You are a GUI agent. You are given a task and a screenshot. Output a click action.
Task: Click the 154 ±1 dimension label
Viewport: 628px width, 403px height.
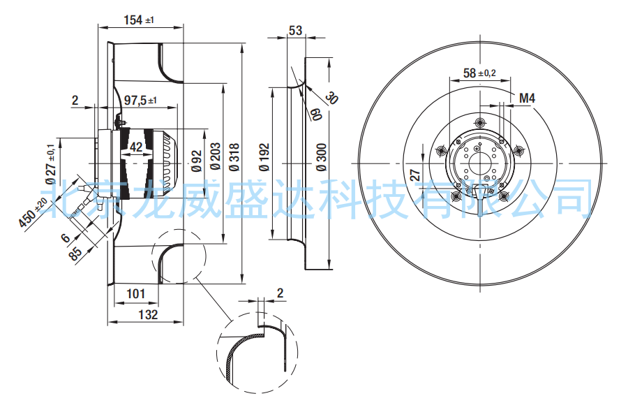point(139,20)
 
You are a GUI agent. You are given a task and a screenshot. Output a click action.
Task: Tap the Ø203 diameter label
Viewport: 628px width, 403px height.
point(215,156)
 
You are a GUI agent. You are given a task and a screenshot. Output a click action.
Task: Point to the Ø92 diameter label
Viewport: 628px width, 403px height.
point(197,161)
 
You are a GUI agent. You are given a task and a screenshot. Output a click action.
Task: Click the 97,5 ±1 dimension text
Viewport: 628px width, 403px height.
point(140,101)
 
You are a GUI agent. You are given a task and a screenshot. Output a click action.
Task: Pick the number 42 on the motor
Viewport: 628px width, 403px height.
point(136,147)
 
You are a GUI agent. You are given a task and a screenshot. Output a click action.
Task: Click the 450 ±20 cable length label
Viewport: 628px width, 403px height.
point(33,212)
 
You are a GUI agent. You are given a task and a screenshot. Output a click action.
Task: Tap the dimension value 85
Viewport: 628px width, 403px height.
point(75,253)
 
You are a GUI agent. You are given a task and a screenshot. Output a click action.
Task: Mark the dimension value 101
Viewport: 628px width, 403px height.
point(135,293)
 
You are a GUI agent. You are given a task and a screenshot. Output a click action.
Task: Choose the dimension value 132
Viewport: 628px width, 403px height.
point(148,314)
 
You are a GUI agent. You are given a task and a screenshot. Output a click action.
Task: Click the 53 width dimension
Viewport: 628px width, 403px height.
point(296,31)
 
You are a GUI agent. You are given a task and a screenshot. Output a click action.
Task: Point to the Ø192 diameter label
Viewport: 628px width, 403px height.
point(264,157)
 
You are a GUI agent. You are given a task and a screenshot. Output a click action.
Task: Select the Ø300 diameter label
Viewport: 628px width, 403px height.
point(321,157)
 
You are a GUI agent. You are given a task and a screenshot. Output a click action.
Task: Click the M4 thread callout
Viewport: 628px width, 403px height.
point(527,98)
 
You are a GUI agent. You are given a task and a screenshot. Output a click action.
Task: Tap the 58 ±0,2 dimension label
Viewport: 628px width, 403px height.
point(479,73)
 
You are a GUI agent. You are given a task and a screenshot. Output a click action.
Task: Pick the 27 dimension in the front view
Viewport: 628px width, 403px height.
point(415,175)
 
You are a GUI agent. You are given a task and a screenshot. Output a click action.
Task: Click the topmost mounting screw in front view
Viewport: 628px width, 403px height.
point(480,122)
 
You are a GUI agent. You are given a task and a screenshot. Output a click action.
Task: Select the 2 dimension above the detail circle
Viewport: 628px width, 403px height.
point(280,293)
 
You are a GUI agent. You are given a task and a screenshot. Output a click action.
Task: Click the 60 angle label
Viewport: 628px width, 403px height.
point(316,114)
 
